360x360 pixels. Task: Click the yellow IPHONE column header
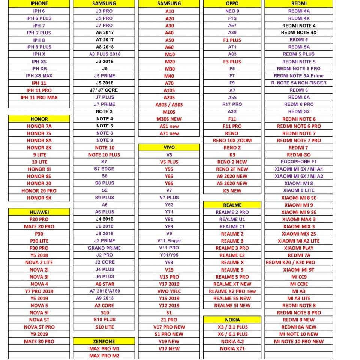point(39,3)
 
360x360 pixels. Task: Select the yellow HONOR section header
point(39,119)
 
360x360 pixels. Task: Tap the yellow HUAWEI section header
point(39,212)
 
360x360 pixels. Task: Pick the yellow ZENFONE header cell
point(104,341)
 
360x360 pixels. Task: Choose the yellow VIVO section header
point(169,147)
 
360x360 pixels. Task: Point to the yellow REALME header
point(232,205)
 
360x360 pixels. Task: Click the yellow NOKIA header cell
point(232,319)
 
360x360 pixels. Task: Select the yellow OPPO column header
point(232,3)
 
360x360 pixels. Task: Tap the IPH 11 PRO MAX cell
point(39,97)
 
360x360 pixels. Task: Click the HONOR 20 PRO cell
point(39,190)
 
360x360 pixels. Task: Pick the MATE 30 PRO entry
point(39,341)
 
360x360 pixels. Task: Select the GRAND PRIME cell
point(104,248)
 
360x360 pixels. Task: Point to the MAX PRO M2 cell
point(104,355)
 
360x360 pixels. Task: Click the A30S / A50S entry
point(169,105)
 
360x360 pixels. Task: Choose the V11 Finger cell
point(169,241)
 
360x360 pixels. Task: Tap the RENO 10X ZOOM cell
point(232,140)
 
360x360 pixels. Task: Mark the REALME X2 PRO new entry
point(232,291)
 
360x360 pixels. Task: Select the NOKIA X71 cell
point(232,348)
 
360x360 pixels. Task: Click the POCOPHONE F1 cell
point(298,162)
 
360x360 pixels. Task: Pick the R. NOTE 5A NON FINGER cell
point(298,83)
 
